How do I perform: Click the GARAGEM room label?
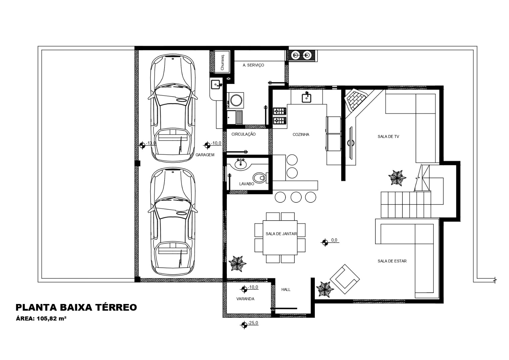(x=205, y=155)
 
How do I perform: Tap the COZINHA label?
(x=301, y=134)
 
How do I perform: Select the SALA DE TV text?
(x=388, y=136)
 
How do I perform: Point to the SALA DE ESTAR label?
(x=392, y=261)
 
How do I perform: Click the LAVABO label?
(x=247, y=184)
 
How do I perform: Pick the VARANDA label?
(x=245, y=299)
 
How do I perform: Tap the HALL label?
(x=286, y=290)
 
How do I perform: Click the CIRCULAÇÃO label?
(x=244, y=134)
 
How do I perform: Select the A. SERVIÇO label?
(x=253, y=65)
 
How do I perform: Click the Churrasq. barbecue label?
(x=222, y=62)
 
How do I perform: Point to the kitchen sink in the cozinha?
(x=306, y=98)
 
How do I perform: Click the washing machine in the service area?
(x=236, y=100)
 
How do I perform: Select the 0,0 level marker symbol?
(x=325, y=242)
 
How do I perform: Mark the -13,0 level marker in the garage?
(x=142, y=145)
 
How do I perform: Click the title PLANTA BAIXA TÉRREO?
(x=76, y=307)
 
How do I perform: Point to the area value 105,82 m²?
(x=52, y=318)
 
